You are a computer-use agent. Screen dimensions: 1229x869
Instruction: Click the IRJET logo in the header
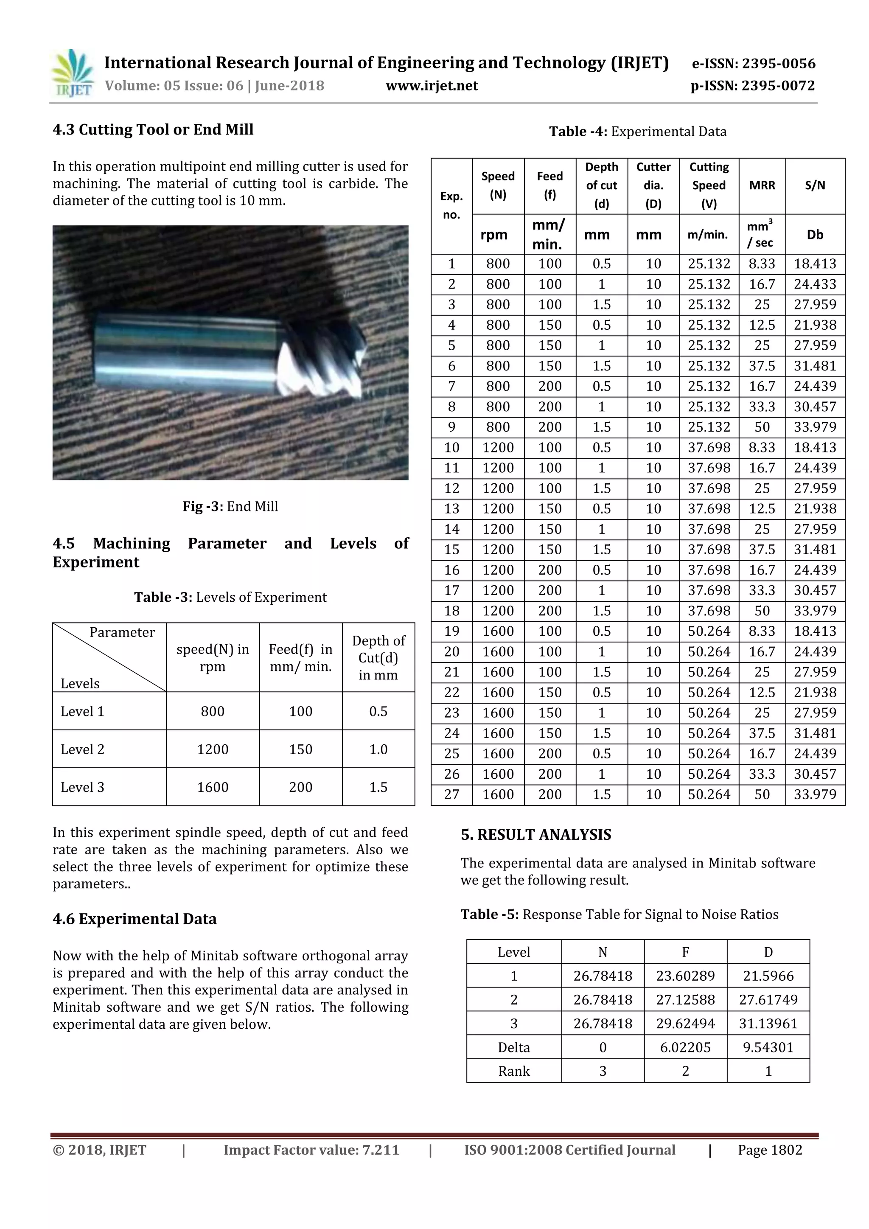(72, 73)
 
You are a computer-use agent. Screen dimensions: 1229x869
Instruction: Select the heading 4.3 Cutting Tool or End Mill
(153, 129)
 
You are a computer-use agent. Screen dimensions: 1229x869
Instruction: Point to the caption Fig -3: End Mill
(230, 506)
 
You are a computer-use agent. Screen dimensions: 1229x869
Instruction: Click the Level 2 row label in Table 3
(82, 749)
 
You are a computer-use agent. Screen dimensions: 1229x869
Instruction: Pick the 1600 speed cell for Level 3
(213, 787)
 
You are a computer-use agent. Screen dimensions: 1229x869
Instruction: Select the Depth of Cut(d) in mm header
(378, 658)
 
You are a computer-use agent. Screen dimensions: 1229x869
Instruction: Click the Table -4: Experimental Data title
(638, 132)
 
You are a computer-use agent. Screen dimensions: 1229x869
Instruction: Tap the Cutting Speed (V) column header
(709, 185)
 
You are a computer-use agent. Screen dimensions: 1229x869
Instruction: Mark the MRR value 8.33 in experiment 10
(762, 447)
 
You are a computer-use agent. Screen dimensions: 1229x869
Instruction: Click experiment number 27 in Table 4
(451, 794)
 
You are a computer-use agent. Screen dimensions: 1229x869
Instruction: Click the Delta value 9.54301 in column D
(768, 1047)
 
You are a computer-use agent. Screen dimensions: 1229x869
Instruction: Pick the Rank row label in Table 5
(514, 1071)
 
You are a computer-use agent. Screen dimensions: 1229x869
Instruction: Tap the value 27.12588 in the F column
(685, 1000)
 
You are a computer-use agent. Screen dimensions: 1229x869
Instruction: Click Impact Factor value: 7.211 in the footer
(311, 1150)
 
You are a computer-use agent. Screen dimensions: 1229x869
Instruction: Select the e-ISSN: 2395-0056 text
(754, 64)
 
